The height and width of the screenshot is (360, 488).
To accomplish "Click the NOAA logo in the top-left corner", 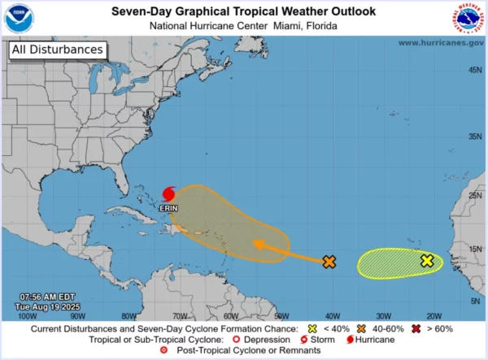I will coord(19,18).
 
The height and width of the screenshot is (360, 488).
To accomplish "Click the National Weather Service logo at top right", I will coord(468,18).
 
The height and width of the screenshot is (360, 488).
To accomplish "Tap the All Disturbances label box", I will coord(57,50).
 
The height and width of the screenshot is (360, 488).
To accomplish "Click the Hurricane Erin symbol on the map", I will coord(169,194).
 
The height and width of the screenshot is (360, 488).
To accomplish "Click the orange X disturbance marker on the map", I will coord(329,262).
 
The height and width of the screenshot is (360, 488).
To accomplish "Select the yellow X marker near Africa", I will coord(426,261).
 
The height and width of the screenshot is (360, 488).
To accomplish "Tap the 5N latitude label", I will coord(475,301).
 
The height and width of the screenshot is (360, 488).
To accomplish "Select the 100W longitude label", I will coord(27,316).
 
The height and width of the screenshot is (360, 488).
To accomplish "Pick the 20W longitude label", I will coord(433,316).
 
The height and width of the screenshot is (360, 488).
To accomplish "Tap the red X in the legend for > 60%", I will coord(416,329).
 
